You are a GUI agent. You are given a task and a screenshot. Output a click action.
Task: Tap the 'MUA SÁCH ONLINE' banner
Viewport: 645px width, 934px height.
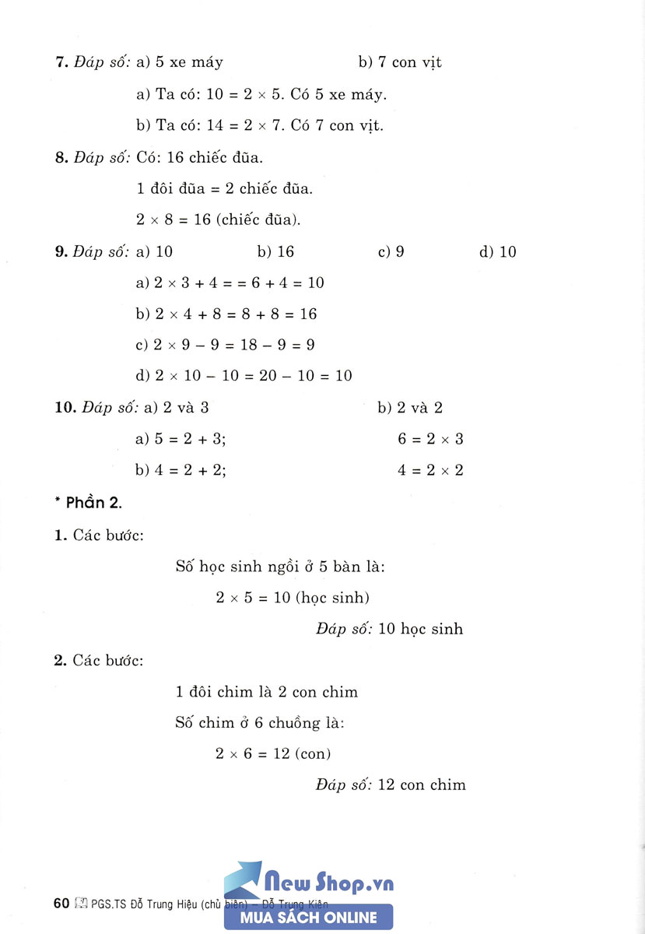(308, 918)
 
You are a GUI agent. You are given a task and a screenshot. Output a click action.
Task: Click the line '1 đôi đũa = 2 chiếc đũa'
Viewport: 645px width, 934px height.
(224, 188)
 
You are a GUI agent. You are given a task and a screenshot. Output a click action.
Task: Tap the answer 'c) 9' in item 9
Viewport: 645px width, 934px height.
(391, 252)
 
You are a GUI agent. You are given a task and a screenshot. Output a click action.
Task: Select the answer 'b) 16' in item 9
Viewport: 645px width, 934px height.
(275, 252)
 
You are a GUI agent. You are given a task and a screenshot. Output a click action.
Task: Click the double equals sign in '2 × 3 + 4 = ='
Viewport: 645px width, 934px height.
(233, 283)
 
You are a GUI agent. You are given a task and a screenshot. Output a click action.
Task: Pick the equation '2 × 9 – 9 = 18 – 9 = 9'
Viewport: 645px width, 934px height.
(226, 345)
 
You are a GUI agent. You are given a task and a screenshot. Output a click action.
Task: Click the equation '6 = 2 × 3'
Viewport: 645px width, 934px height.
(430, 439)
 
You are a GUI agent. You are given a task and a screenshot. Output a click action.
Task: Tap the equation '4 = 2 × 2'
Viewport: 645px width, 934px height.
(430, 470)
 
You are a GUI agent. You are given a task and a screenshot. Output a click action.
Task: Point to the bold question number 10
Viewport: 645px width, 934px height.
(64, 408)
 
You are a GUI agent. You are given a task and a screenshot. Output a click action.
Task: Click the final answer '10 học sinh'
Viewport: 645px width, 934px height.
(420, 629)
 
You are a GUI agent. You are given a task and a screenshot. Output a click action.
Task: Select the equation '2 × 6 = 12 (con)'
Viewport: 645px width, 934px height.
(273, 753)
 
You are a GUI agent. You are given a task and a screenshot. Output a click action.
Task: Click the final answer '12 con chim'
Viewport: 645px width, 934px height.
(422, 785)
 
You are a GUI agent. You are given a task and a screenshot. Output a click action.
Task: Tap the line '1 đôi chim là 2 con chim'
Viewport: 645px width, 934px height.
(267, 692)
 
